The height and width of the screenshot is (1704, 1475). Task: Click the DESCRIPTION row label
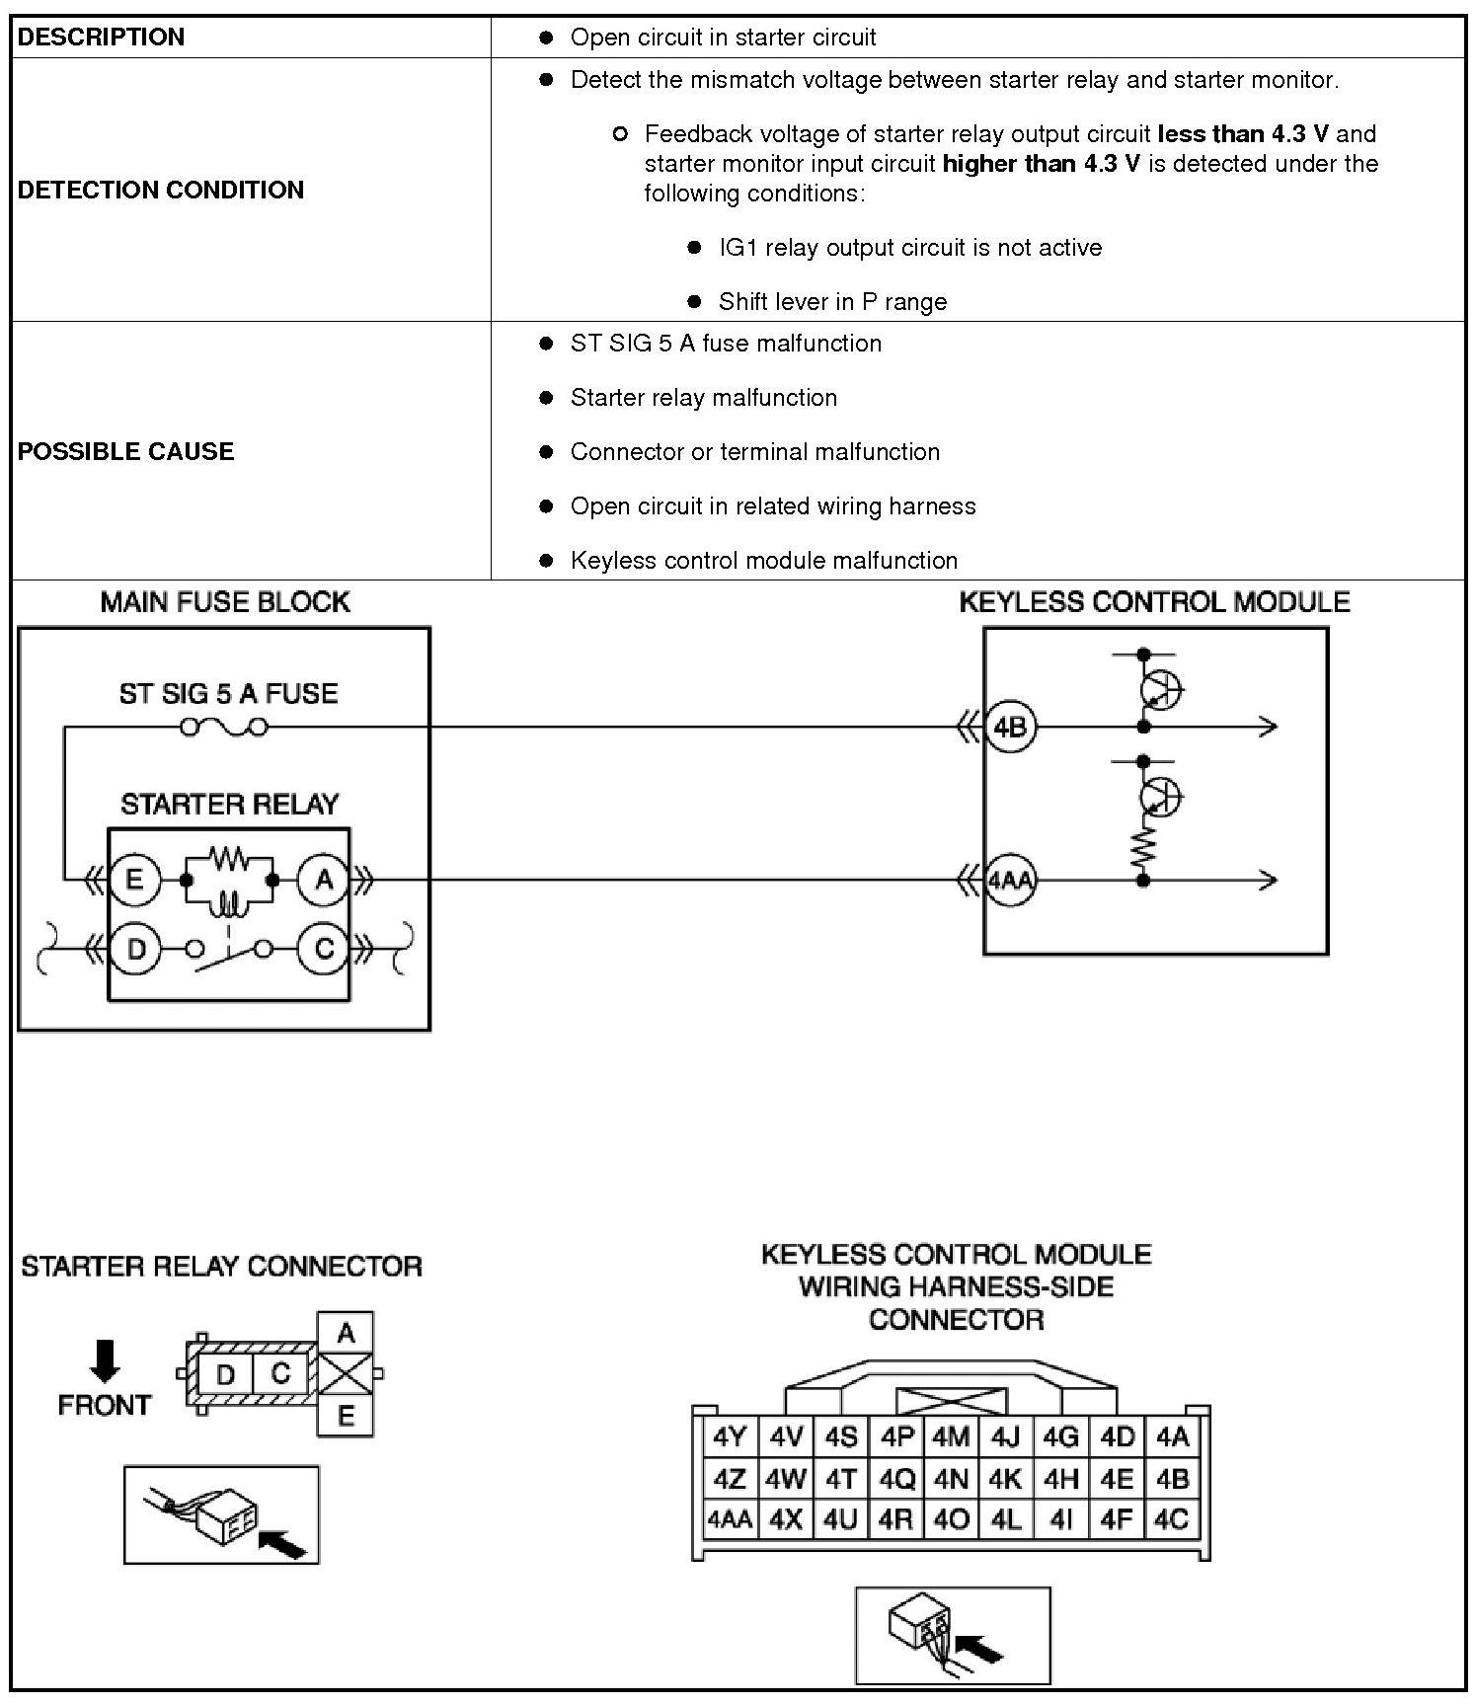click(101, 38)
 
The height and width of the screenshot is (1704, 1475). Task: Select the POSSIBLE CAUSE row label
click(125, 451)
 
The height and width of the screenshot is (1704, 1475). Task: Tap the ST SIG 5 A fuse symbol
click(224, 728)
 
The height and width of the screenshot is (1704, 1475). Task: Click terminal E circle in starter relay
click(134, 879)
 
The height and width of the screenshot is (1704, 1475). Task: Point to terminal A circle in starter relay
click(323, 879)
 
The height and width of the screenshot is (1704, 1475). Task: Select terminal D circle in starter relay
click(134, 949)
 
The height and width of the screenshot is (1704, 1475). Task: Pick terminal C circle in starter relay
click(323, 949)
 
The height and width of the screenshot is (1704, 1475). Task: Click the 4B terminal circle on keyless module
click(1010, 728)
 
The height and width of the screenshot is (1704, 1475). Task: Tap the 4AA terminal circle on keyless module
click(1010, 879)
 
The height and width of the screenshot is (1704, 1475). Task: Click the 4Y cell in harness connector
click(730, 1437)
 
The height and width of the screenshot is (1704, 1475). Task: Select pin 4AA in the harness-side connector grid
click(730, 1519)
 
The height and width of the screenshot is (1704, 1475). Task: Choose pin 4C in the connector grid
click(1172, 1519)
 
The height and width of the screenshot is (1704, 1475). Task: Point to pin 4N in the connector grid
click(951, 1479)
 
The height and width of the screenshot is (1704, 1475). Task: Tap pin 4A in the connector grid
click(1172, 1437)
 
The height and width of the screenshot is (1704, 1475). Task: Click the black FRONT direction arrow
click(105, 1360)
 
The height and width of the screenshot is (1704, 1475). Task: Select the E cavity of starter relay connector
click(346, 1417)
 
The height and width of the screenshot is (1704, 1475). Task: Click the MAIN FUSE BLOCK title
click(225, 602)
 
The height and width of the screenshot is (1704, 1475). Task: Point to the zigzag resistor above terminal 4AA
click(1143, 845)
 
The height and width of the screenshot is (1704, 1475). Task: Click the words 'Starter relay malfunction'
click(703, 398)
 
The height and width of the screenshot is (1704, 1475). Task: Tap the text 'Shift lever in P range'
click(832, 302)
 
